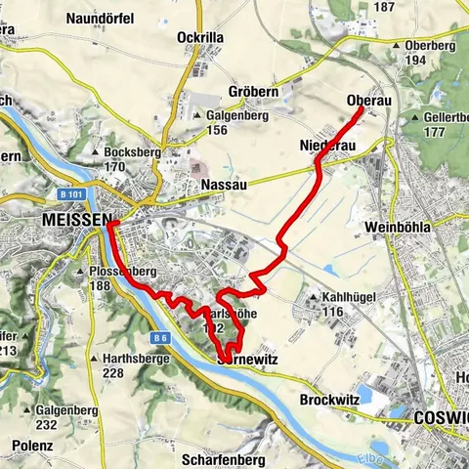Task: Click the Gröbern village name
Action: (253, 92)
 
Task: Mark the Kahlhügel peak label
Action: (337, 297)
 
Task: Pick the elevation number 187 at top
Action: (384, 7)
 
